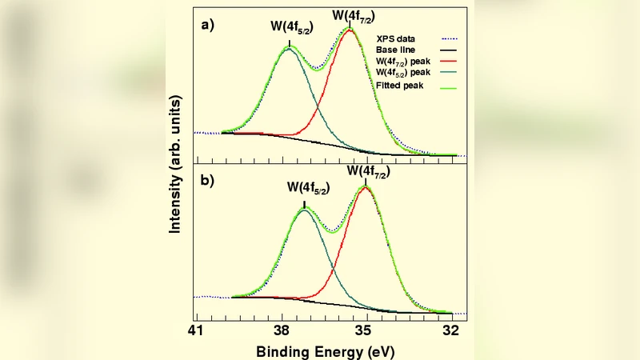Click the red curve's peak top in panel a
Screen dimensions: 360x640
pos(350,30)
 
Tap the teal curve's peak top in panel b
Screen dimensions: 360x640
pos(304,210)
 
